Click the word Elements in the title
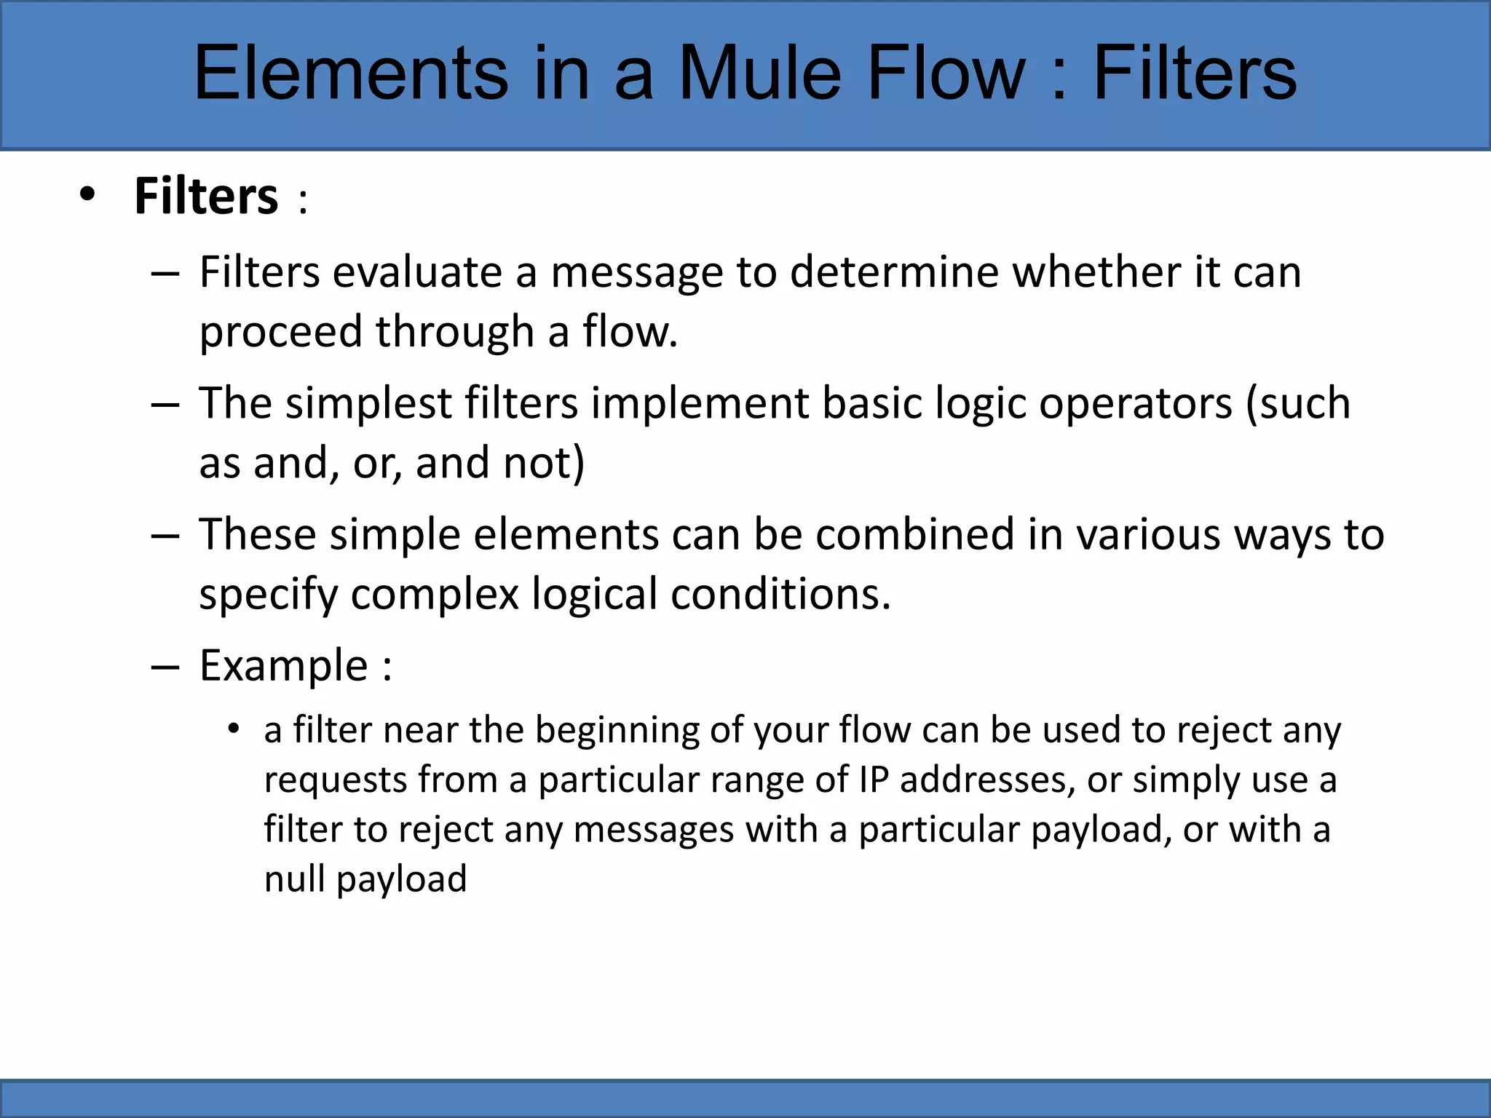(351, 73)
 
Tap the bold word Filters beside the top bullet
(206, 197)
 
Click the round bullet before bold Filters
(87, 195)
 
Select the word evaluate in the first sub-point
(418, 273)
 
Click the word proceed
(281, 332)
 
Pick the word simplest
(368, 404)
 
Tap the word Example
(284, 666)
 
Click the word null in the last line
(294, 879)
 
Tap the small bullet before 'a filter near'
(233, 729)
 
